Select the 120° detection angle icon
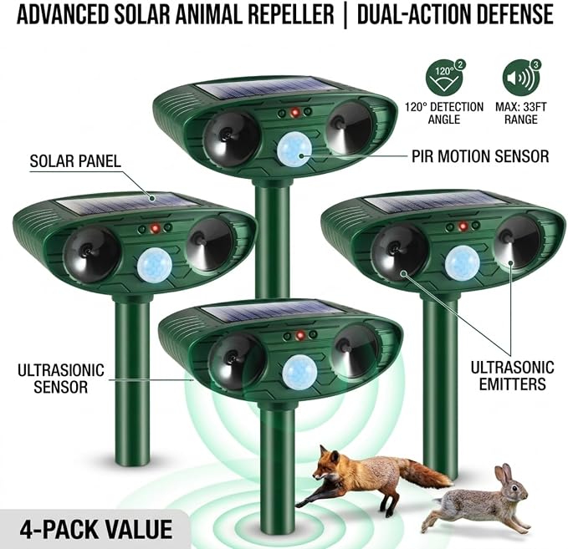(445, 77)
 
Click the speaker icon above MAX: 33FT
(521, 77)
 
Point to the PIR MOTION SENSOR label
(480, 156)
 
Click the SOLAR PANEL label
(75, 161)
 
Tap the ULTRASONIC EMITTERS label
(512, 375)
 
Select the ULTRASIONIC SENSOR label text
(61, 379)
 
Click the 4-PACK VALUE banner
(96, 530)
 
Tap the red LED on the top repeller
(294, 113)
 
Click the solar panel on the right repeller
(417, 203)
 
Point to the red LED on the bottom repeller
(300, 335)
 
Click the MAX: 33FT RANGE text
(521, 114)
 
